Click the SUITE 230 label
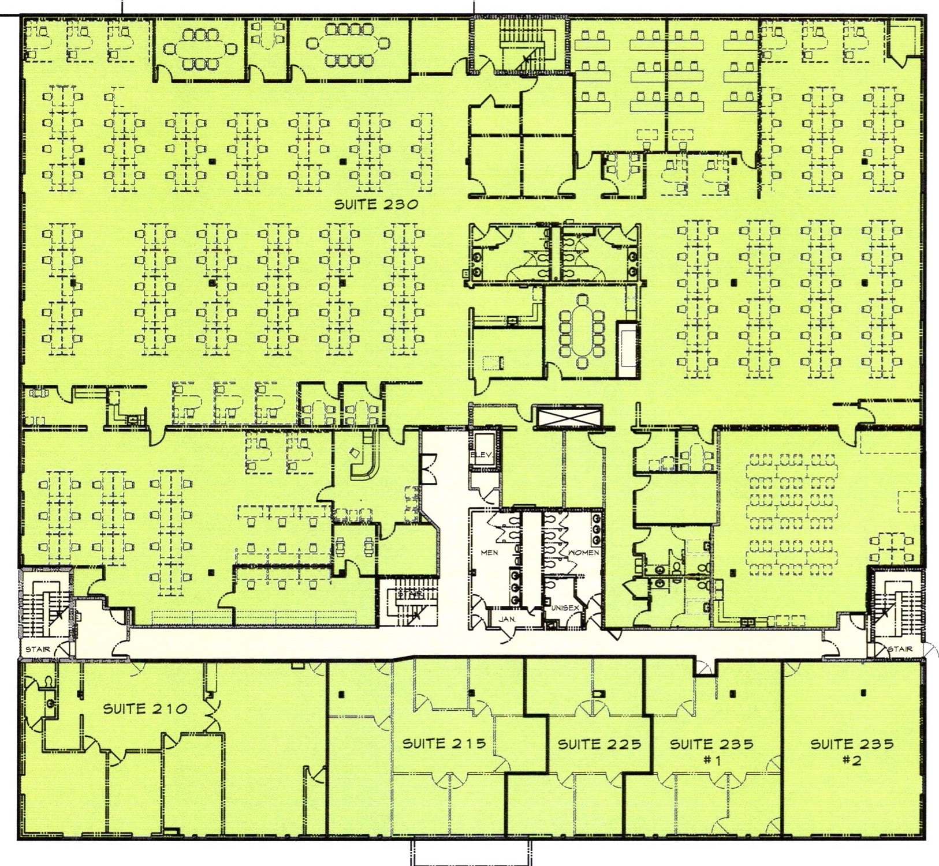[376, 204]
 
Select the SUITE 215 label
[444, 744]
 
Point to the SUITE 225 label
[599, 744]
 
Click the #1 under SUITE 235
[712, 760]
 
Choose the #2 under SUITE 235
[852, 760]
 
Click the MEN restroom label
[489, 553]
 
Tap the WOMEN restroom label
[584, 553]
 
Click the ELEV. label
[481, 455]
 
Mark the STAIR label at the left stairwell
[38, 649]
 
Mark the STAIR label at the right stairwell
[900, 649]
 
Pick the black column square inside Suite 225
[601, 692]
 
